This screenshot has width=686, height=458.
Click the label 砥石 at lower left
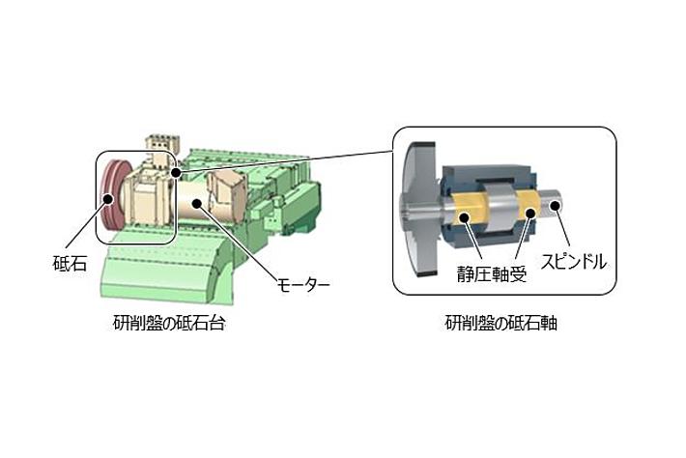(70, 264)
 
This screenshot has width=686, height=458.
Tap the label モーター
(303, 285)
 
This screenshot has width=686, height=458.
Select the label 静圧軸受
(492, 273)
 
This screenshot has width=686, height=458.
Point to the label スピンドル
(575, 262)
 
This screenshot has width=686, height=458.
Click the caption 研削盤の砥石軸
(501, 324)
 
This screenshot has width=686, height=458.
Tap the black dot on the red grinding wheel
(107, 199)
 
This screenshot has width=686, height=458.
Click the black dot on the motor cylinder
(197, 203)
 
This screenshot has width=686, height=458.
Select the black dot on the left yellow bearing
(465, 217)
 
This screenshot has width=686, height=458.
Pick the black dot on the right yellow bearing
(530, 213)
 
